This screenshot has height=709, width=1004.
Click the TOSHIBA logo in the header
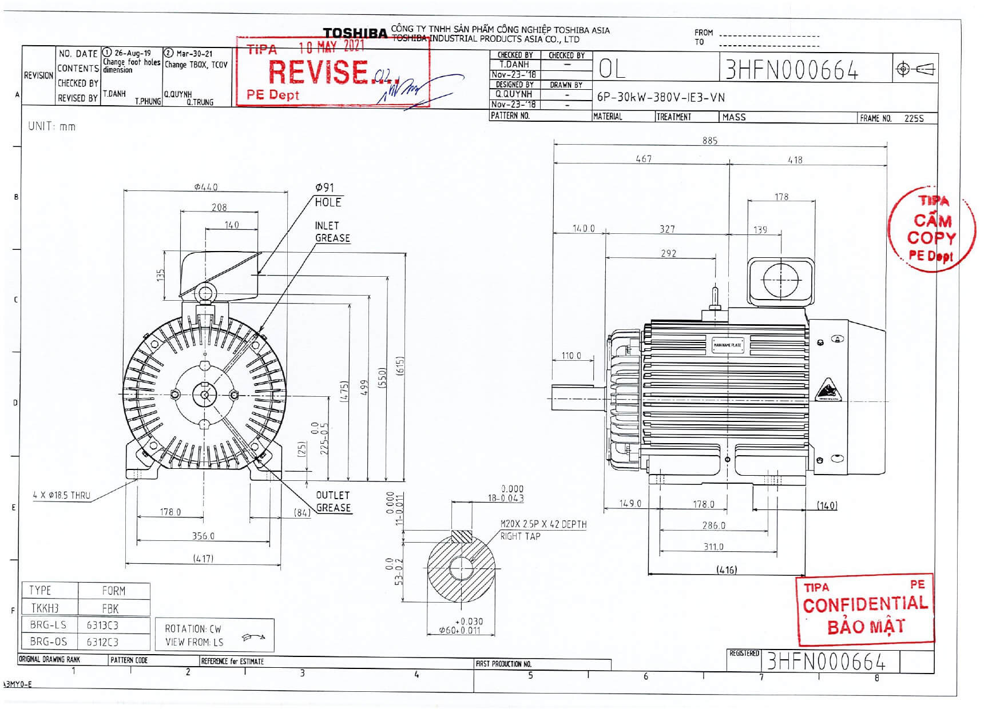(355, 33)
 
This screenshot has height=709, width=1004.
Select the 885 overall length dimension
(709, 141)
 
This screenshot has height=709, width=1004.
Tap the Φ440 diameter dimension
(205, 187)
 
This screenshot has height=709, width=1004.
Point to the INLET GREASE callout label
(332, 232)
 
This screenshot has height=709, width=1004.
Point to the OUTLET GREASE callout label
(333, 501)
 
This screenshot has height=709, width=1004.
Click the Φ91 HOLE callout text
(328, 195)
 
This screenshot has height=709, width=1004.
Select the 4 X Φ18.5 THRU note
(61, 496)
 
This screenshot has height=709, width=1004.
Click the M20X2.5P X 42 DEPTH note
(543, 524)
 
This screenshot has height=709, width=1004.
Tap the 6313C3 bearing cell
(102, 625)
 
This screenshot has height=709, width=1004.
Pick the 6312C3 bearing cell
(102, 642)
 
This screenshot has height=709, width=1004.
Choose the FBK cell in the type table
(110, 608)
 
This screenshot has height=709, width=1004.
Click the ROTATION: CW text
(193, 629)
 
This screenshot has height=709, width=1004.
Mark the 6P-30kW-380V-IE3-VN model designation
(661, 97)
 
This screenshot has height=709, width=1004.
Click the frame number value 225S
(914, 118)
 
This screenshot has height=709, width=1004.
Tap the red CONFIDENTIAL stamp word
(864, 604)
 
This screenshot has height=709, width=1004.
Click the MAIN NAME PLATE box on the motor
(727, 345)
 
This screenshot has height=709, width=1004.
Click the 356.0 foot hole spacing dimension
(203, 536)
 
